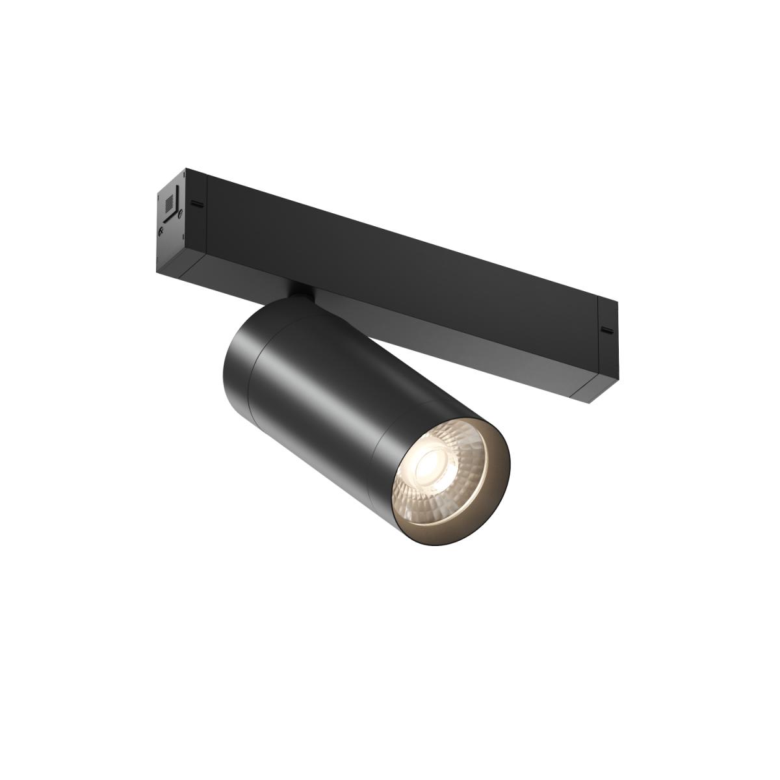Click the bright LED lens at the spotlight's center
(430, 463)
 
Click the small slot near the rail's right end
(608, 330)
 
